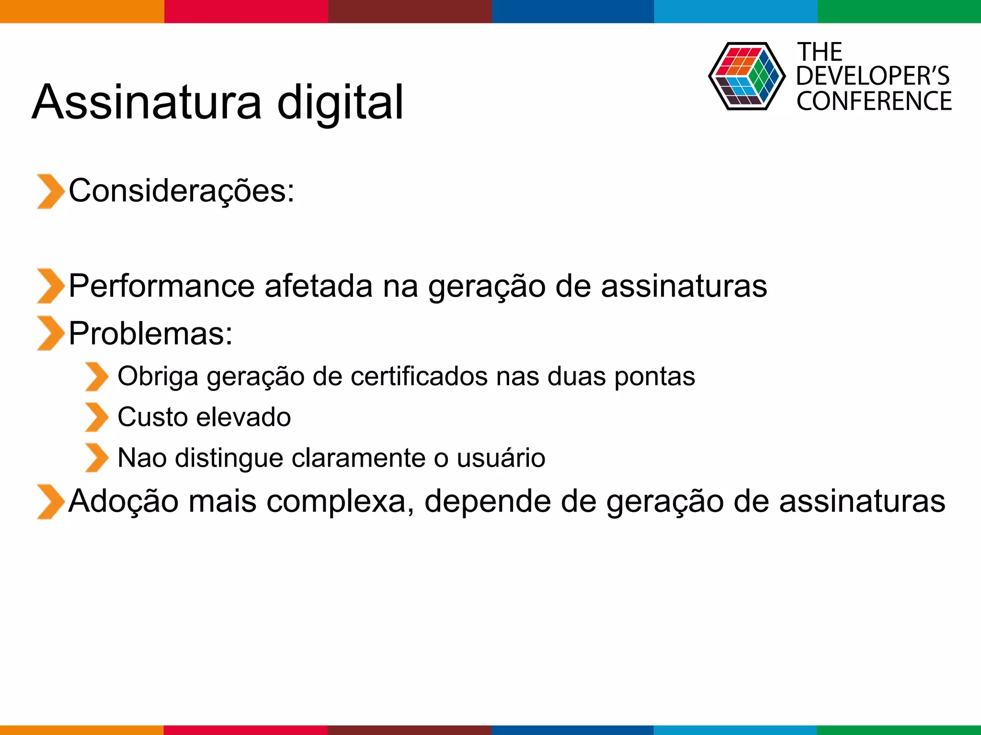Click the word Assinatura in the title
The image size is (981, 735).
click(x=147, y=102)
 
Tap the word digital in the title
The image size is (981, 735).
click(x=340, y=102)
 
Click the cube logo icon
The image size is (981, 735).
click(x=746, y=76)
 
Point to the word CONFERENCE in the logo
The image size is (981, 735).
click(x=874, y=101)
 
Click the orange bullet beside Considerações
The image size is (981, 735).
click(x=50, y=191)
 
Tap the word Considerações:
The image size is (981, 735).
click(x=181, y=190)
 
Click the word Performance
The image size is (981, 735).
click(x=162, y=286)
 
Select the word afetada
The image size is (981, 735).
click(x=318, y=286)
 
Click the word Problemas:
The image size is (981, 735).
click(x=150, y=333)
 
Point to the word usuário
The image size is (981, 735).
click(x=501, y=458)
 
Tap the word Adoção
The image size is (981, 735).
click(x=124, y=501)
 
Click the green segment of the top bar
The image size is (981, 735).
click(x=899, y=11)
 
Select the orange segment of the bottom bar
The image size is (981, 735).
click(x=81, y=730)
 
